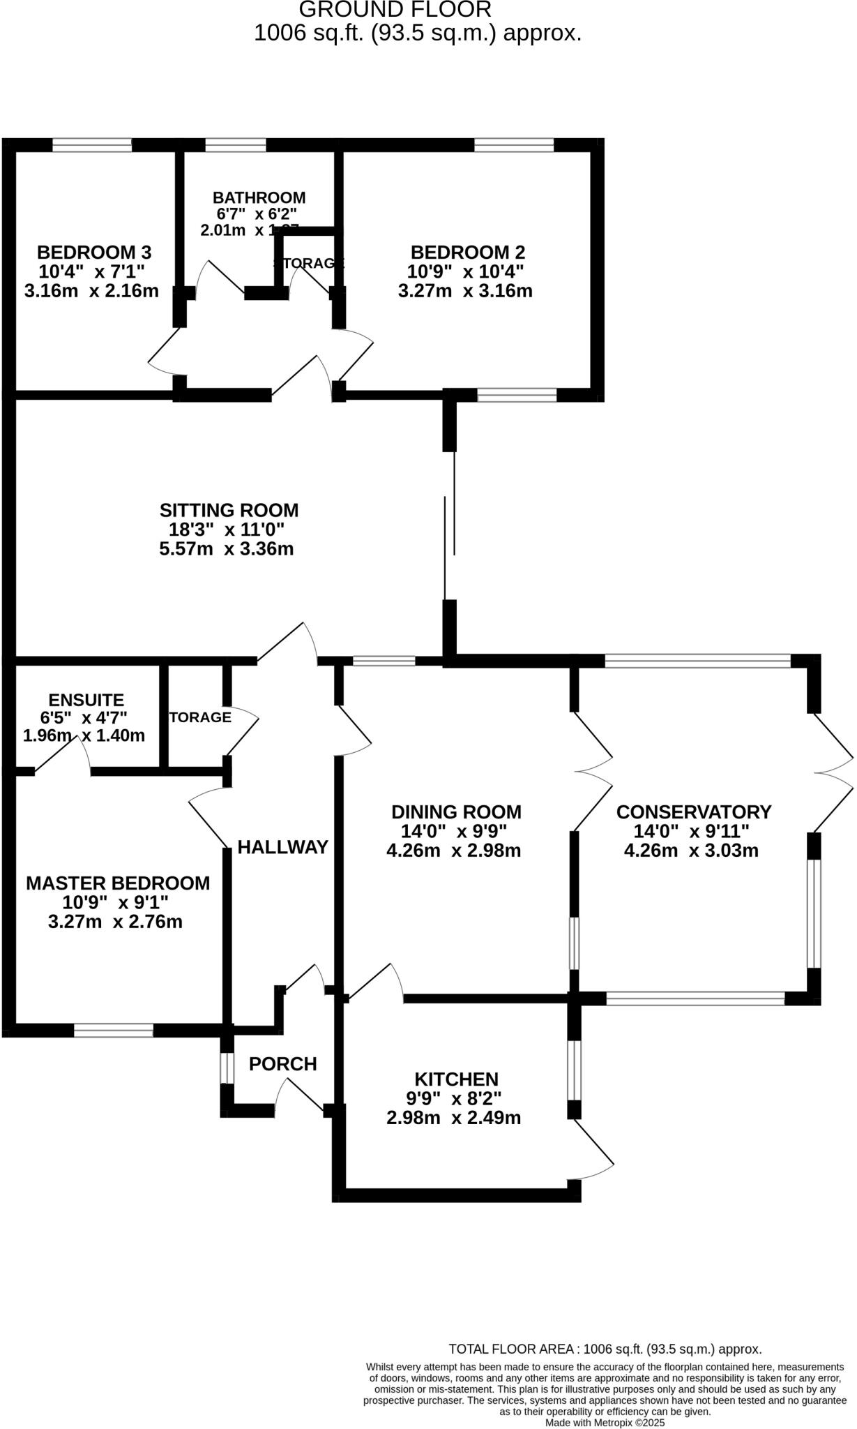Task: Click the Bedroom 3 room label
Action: (x=94, y=252)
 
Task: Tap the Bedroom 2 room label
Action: (x=467, y=252)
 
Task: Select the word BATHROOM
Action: (x=259, y=197)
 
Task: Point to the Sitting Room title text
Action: (x=229, y=510)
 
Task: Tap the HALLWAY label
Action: (x=282, y=847)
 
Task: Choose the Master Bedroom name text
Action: (x=118, y=883)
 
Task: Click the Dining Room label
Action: (x=456, y=812)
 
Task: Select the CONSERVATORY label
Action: (x=694, y=812)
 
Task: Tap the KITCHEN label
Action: (x=456, y=1079)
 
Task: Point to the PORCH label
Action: (x=282, y=1064)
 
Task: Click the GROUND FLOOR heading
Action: (x=395, y=10)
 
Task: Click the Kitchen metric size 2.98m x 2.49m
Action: (x=454, y=1118)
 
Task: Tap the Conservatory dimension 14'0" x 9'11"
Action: (x=691, y=832)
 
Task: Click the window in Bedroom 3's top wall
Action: (x=92, y=145)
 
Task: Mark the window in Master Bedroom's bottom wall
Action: (x=114, y=1030)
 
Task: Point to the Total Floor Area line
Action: (x=605, y=1349)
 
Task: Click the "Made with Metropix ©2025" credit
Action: (x=605, y=1423)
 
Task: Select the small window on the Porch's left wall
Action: (x=226, y=1068)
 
